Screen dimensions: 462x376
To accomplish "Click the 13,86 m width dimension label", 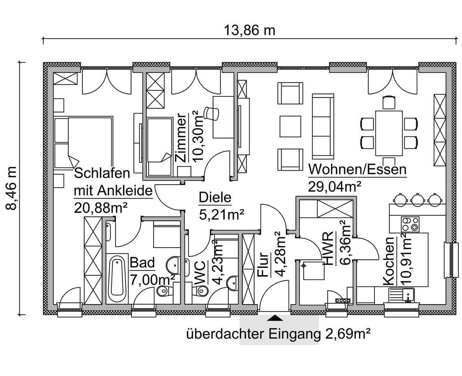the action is [249, 30].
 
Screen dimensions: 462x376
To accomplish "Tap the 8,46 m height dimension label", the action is [11, 188].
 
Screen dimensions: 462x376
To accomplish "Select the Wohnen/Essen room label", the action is [357, 170].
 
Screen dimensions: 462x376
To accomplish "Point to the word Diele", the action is [215, 198].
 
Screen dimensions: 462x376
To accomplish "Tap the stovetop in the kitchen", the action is [410, 224].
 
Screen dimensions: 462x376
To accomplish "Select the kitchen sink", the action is [402, 295].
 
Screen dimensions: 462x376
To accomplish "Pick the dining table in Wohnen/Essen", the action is [389, 133].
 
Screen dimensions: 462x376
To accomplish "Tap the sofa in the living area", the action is [323, 126].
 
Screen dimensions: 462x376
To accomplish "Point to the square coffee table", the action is [290, 126].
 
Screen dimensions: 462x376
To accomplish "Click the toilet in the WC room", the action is [201, 290].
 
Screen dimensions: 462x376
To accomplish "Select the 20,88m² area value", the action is [101, 208].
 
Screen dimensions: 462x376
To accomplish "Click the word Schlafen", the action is [102, 173].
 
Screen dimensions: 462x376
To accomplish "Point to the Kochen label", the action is [388, 261].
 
